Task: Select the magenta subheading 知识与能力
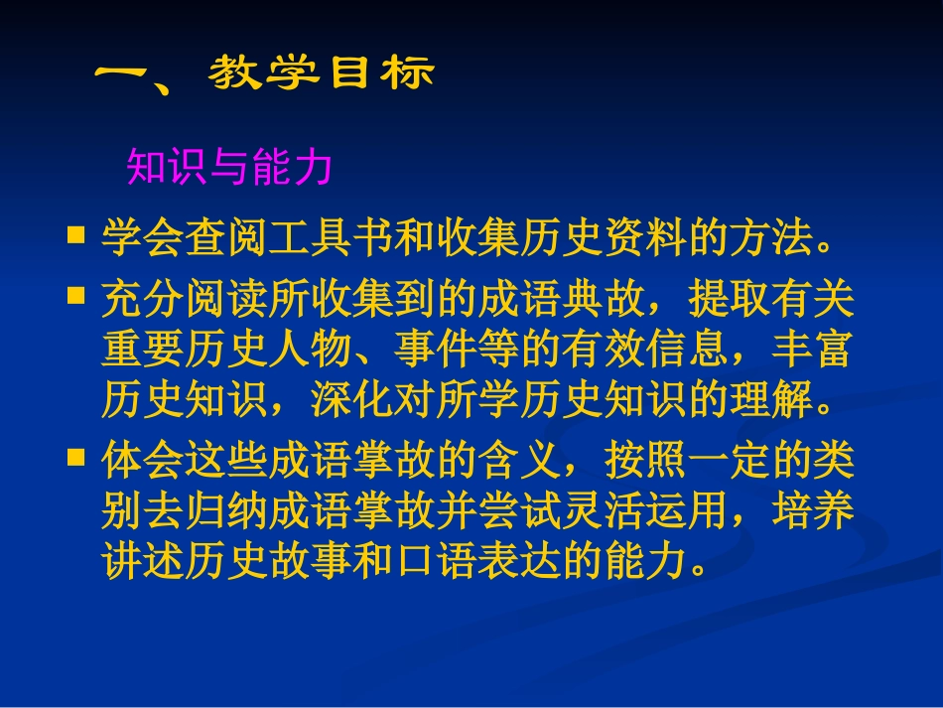(229, 169)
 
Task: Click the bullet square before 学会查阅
(75, 234)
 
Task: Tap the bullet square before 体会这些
(75, 457)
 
